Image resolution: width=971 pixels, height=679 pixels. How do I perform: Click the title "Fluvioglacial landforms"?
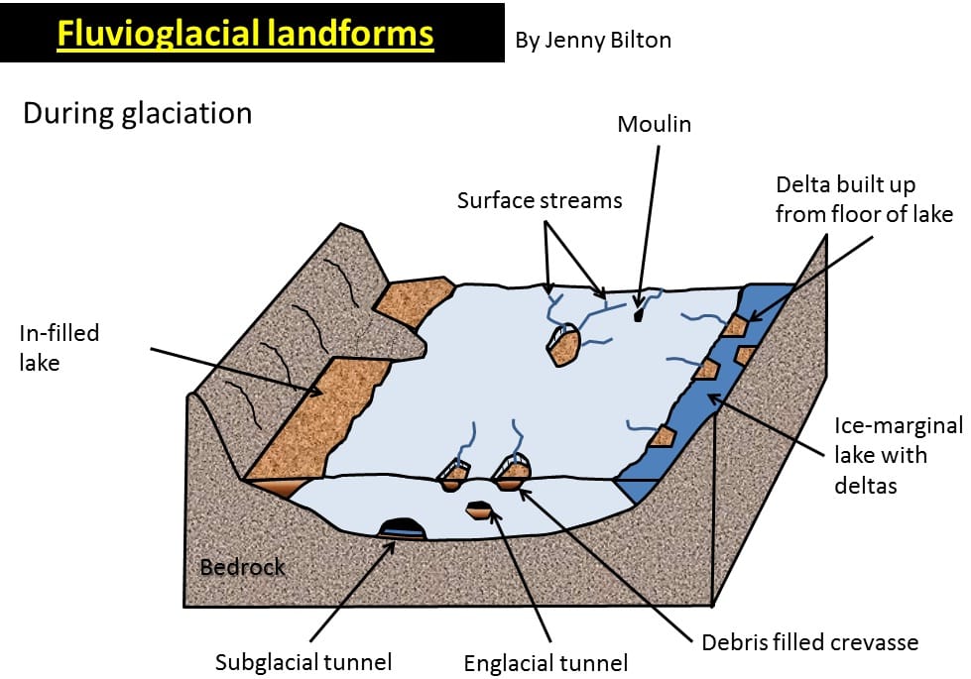(245, 34)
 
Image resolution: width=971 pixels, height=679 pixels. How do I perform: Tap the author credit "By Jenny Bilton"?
(593, 41)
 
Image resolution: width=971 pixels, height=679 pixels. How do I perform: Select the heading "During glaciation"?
(137, 113)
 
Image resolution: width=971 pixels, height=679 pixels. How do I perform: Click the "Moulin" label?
(654, 124)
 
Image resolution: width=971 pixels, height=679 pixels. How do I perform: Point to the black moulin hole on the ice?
(639, 315)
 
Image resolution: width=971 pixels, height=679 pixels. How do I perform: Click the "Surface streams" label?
(540, 200)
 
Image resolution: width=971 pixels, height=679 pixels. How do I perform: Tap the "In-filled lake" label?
(60, 347)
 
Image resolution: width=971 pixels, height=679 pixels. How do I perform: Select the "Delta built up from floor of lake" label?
(864, 198)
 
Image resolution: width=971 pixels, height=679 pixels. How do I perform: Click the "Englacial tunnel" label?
(546, 662)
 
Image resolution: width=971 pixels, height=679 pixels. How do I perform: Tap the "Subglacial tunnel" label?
(303, 661)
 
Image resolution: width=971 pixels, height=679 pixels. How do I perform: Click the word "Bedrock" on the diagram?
(242, 568)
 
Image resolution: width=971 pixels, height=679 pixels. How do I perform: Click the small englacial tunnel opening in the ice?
(480, 509)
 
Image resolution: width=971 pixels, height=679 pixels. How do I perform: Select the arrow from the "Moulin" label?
(649, 228)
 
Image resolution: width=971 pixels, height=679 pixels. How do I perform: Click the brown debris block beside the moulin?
(562, 347)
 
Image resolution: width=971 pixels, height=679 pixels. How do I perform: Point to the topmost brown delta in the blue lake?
(735, 325)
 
